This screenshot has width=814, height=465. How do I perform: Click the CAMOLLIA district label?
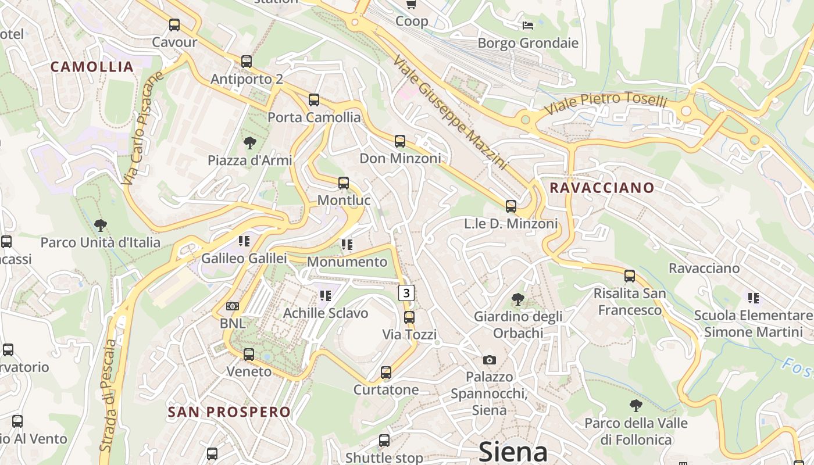coord(92,66)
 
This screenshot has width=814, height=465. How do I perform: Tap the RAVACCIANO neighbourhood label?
coord(602,188)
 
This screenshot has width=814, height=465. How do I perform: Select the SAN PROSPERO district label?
coord(229,412)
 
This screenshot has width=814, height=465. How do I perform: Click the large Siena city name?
coord(513,452)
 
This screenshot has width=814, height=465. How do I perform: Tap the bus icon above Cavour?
coord(174,25)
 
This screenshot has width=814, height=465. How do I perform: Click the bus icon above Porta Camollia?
coord(314,100)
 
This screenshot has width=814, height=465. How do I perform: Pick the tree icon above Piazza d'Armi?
coord(250,142)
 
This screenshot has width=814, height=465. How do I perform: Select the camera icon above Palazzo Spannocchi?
coord(490,360)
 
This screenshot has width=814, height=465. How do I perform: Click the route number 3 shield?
coord(406,292)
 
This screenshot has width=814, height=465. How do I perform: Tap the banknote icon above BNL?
coord(233,306)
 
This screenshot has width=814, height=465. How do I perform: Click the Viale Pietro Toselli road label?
coord(605,103)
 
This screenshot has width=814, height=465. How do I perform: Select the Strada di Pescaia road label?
coord(109,395)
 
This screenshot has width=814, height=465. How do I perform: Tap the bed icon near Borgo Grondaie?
coord(528,25)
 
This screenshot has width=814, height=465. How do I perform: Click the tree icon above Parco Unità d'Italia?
coord(100,225)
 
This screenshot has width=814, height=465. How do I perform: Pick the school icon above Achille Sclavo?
coord(325,296)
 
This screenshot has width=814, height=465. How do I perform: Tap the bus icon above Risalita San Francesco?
coord(630,276)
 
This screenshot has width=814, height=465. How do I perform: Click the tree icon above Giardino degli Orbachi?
coord(517,299)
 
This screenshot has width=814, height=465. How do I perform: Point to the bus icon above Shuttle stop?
coord(384,441)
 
